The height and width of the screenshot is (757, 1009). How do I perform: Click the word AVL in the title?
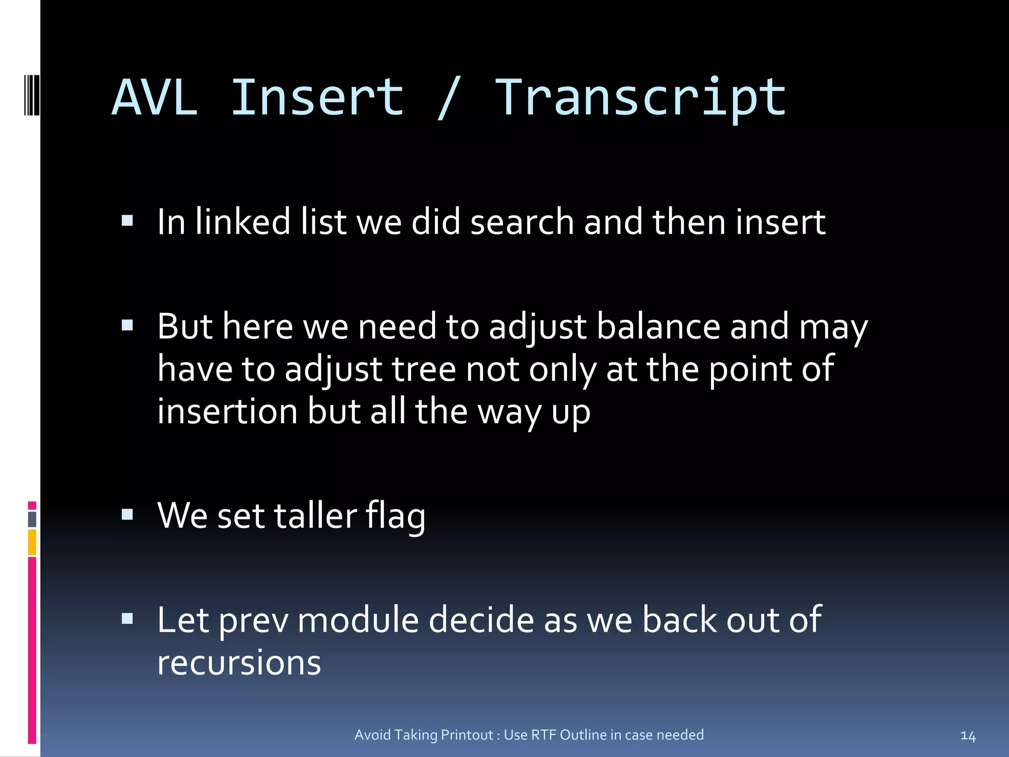(x=155, y=99)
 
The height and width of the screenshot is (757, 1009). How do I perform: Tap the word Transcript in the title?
(x=640, y=99)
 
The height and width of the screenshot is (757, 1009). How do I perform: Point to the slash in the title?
(x=448, y=99)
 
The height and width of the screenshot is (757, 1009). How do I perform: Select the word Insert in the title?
(x=317, y=99)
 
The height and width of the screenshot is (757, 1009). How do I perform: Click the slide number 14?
(x=968, y=736)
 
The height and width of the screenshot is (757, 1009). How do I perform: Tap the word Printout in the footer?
(x=467, y=735)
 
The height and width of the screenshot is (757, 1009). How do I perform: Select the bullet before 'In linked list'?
(x=128, y=220)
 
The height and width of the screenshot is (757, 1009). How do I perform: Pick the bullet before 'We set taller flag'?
(x=128, y=515)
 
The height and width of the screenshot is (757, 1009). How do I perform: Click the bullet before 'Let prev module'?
(x=128, y=619)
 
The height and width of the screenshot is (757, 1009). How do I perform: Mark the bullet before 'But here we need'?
(x=128, y=325)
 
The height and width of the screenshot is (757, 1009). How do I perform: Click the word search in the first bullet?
(x=522, y=222)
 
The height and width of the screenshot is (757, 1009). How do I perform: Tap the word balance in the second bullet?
(x=658, y=327)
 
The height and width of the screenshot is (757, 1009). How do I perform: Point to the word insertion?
(x=227, y=412)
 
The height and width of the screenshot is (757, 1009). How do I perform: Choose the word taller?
(x=315, y=516)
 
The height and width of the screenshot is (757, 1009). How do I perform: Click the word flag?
(x=395, y=516)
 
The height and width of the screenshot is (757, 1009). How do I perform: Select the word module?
(x=358, y=620)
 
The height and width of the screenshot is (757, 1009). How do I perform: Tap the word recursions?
(x=239, y=663)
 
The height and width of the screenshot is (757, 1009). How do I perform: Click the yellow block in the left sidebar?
(x=32, y=542)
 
